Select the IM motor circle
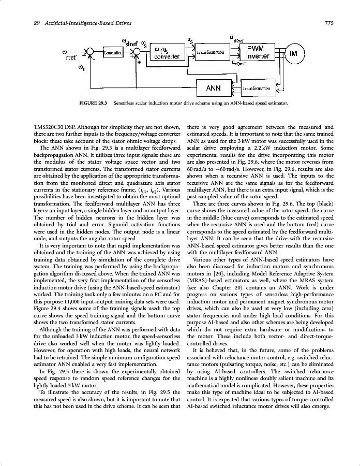(x=293, y=53)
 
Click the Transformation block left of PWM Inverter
(x=211, y=53)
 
